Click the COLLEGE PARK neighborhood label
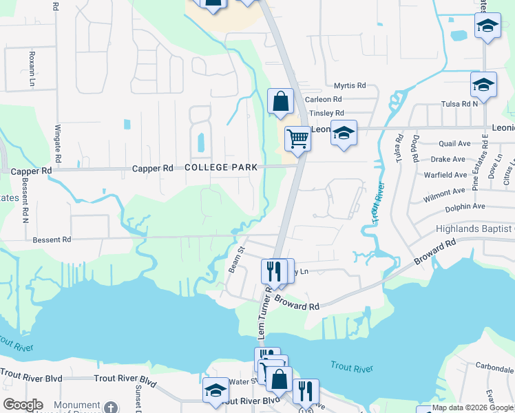(x=220, y=167)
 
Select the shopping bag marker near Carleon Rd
(x=280, y=101)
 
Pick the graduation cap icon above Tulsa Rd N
(x=483, y=85)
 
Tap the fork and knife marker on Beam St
(x=274, y=270)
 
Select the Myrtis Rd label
(x=350, y=86)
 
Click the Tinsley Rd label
(x=326, y=114)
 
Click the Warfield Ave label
(x=450, y=176)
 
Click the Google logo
(x=23, y=405)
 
